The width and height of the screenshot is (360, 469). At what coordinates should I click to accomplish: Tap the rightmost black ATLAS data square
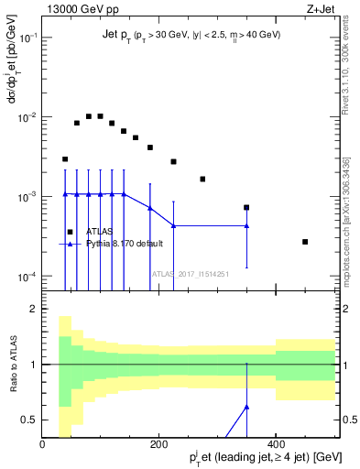tap(305, 242)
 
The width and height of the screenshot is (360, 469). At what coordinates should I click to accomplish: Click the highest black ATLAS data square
tap(88, 116)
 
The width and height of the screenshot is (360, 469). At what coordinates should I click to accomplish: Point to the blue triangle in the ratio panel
tap(246, 406)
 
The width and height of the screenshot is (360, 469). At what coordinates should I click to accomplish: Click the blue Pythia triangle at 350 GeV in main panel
tap(246, 225)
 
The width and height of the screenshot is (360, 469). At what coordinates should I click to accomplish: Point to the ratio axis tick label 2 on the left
tap(33, 310)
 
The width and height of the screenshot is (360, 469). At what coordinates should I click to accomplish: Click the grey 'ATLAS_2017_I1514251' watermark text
tap(190, 273)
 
